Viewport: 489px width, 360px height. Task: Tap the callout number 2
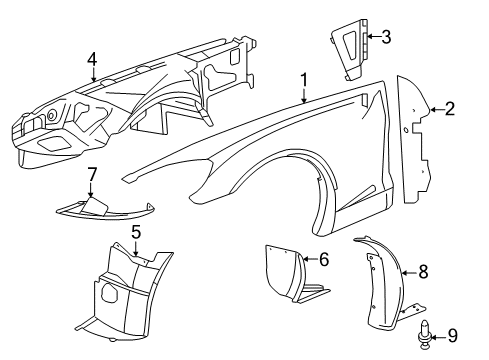[x=450, y=107]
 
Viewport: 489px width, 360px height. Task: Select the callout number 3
[x=386, y=37]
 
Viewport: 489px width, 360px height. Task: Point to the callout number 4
[x=92, y=59]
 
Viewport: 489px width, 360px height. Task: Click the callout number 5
[x=135, y=232]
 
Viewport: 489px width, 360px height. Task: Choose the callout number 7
[x=92, y=175]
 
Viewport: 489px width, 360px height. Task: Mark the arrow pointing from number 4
[x=92, y=73]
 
